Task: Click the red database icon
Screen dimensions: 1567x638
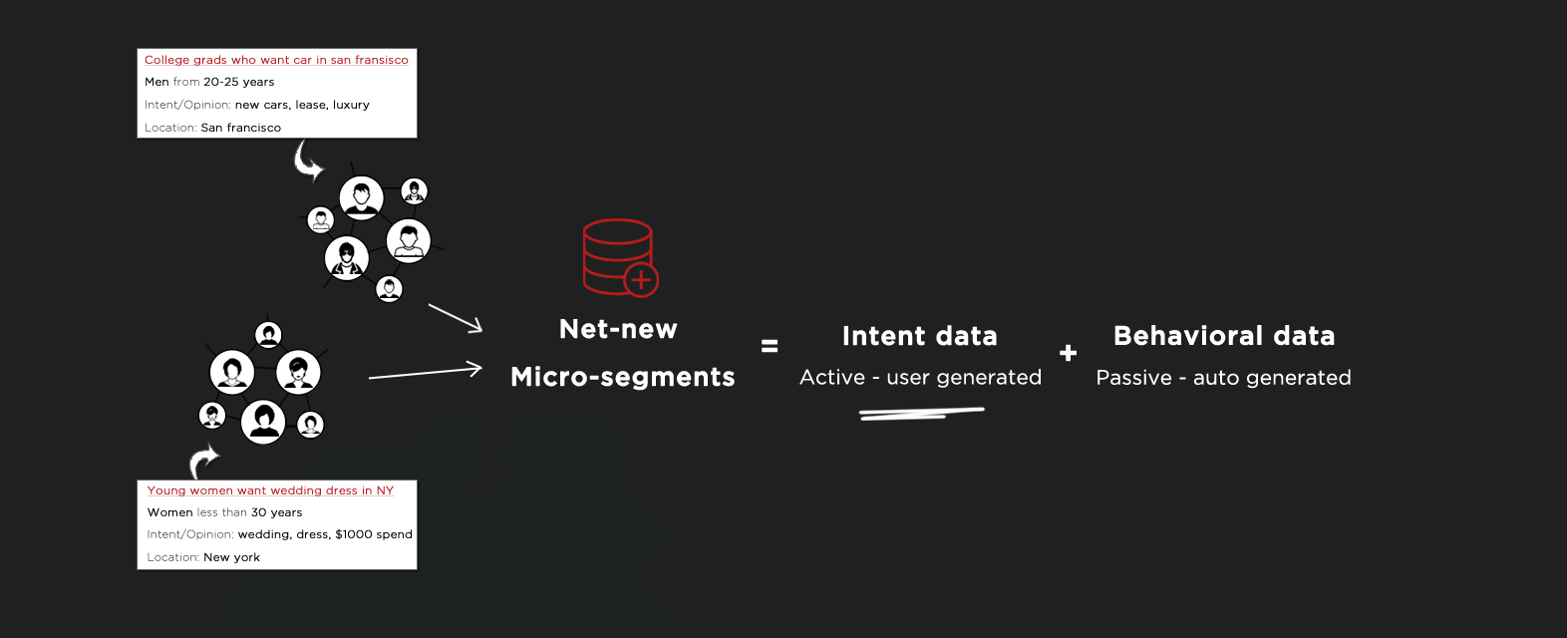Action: click(618, 256)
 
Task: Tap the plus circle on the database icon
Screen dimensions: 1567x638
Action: click(641, 280)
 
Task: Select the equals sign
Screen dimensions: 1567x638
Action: click(770, 346)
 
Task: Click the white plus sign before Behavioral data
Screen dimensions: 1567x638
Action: click(1068, 353)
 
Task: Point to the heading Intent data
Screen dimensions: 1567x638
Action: click(920, 336)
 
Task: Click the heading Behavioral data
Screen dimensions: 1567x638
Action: click(1224, 336)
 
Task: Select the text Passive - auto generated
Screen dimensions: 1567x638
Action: click(1223, 378)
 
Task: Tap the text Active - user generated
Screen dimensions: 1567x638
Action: click(921, 378)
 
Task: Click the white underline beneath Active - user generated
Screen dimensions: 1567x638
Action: click(921, 413)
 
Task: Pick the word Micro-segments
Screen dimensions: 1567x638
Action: click(623, 377)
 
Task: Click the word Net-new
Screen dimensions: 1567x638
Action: click(618, 329)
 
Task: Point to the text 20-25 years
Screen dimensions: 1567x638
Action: click(238, 82)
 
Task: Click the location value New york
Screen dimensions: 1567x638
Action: click(231, 557)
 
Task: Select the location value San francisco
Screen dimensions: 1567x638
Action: click(240, 128)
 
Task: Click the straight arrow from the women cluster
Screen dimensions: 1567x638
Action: click(426, 372)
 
